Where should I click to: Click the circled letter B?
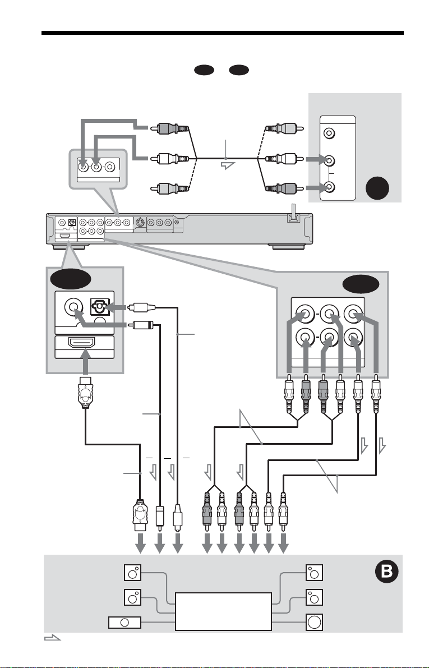tap(386, 571)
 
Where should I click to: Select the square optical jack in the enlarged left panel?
tap(100, 307)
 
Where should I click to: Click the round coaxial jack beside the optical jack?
tap(73, 306)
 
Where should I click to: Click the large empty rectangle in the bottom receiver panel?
tap(223, 611)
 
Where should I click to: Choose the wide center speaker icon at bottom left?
tap(124, 623)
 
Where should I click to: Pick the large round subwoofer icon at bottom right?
tap(314, 622)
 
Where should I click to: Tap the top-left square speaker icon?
tap(132, 573)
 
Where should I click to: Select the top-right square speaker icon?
tap(314, 573)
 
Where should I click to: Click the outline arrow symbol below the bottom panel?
tap(52, 637)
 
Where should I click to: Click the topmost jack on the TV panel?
tap(329, 133)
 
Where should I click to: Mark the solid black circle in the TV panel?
tap(377, 188)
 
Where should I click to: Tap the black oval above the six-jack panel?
tap(361, 284)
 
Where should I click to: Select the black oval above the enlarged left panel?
tap(70, 279)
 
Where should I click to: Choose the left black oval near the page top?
tap(204, 70)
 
